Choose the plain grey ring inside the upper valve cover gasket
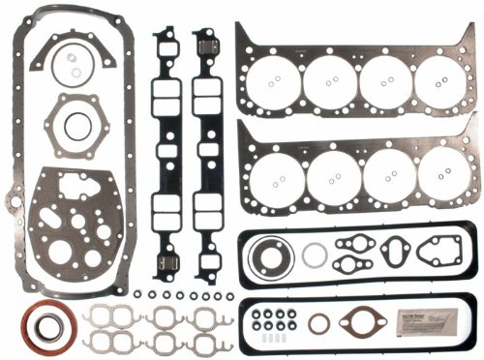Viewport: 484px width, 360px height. (314, 255)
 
